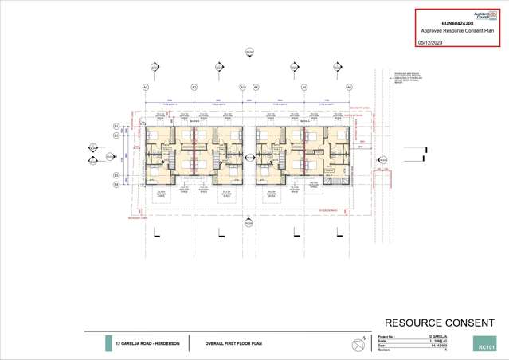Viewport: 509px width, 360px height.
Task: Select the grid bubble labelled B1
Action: pos(116,126)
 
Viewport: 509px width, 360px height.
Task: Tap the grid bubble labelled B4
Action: pos(116,185)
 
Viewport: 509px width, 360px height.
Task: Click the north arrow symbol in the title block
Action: pos(354,343)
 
